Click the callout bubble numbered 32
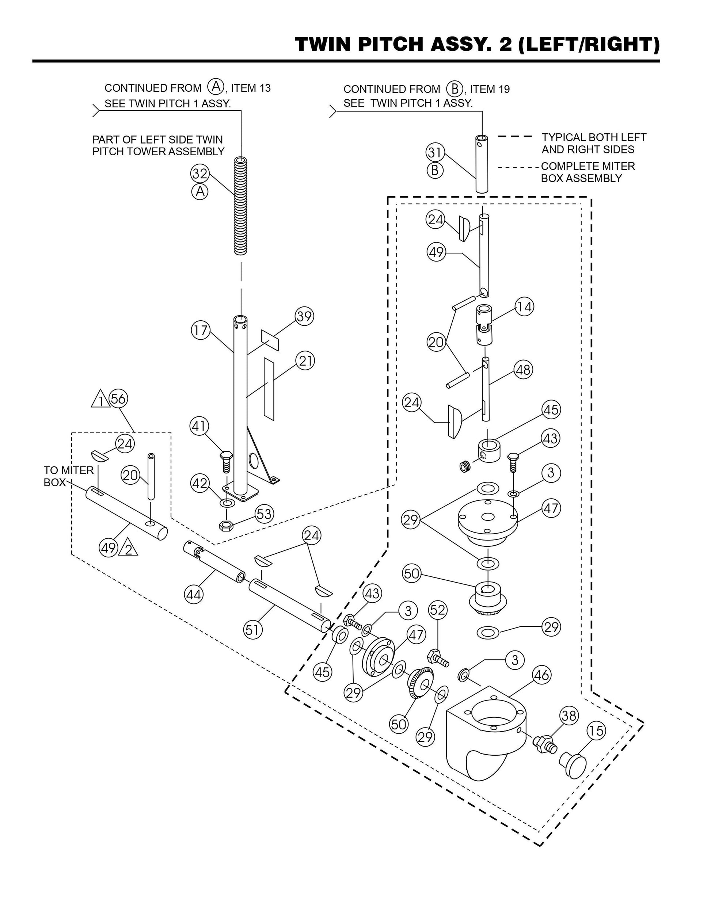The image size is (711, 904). click(200, 173)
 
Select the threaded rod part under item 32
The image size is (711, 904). click(241, 206)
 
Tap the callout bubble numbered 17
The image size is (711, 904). click(201, 331)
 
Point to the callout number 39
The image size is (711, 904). click(304, 316)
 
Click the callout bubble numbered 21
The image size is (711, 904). click(305, 361)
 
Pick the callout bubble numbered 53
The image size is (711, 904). click(264, 514)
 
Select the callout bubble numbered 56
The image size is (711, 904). click(118, 399)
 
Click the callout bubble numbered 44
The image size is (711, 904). click(194, 595)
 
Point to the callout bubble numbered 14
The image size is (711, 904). click(524, 307)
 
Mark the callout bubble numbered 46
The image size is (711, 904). click(541, 675)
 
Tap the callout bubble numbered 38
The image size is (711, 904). click(569, 716)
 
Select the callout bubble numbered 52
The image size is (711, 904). click(438, 610)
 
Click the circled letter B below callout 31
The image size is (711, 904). click(435, 171)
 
